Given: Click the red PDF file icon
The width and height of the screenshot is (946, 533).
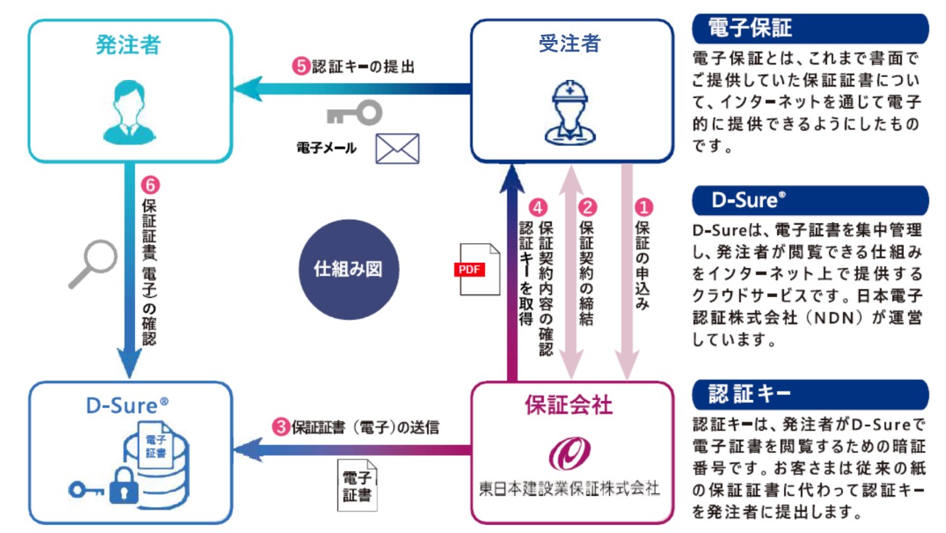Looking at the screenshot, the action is click(x=477, y=269).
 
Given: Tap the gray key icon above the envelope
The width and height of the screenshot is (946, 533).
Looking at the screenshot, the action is click(x=355, y=113).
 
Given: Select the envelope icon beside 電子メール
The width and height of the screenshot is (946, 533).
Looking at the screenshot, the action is click(x=397, y=149).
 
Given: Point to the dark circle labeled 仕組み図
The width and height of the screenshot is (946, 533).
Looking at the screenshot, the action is click(x=348, y=269).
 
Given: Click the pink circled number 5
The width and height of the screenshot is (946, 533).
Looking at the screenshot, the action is click(x=301, y=66).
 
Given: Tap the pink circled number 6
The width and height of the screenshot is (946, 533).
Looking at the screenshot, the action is click(x=150, y=185).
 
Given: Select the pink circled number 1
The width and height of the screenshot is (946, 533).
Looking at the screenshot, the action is click(x=644, y=208).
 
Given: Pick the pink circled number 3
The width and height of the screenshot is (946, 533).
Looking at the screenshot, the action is click(x=281, y=427).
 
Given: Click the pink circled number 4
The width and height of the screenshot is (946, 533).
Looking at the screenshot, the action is click(x=537, y=208).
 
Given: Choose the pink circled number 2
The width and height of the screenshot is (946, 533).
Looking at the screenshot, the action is click(x=587, y=208).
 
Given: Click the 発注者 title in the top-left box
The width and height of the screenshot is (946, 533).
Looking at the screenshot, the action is click(x=129, y=45).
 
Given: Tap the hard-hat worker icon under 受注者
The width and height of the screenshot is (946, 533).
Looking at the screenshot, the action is click(x=570, y=113).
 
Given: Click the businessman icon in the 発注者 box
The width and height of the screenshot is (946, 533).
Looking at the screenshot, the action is click(x=129, y=113).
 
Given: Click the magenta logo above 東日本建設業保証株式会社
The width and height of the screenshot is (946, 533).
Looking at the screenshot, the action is click(x=569, y=453).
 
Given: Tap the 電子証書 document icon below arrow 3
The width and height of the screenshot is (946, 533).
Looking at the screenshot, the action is click(x=357, y=485).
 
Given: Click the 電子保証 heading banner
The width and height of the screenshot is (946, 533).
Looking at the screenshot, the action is click(x=810, y=28).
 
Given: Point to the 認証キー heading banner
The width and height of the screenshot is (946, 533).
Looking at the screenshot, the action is click(x=810, y=394).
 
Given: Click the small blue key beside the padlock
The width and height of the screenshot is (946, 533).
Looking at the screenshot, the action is click(x=86, y=490).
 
